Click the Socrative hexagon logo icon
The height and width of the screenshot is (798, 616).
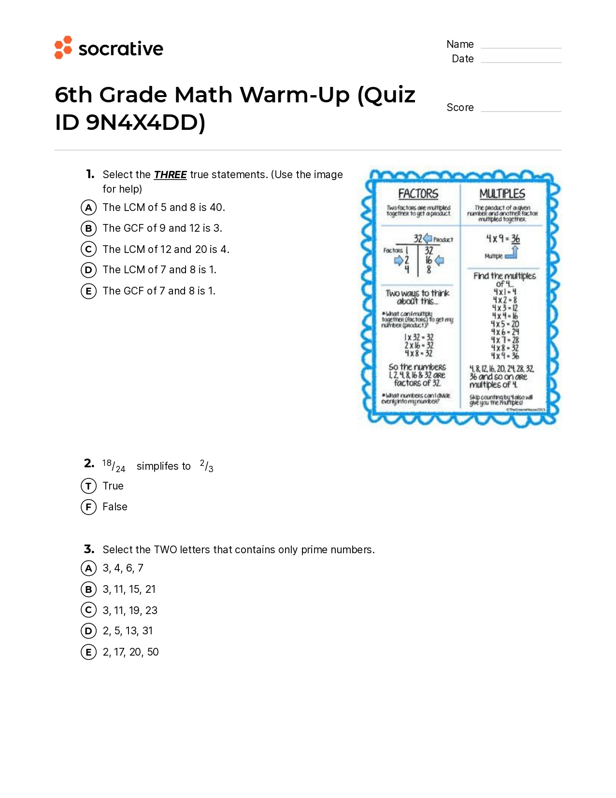point(63,47)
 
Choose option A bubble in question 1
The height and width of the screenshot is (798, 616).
point(88,208)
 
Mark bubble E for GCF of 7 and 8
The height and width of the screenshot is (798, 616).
point(88,291)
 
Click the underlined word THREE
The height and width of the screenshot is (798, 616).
point(170,175)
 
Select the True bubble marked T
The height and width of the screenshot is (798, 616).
point(88,486)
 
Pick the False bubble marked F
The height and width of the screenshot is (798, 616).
point(88,507)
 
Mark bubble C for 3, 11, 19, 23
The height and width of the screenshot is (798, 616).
point(88,610)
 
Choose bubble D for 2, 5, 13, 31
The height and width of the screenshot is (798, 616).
point(88,631)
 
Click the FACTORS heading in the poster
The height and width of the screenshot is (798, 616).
point(418,194)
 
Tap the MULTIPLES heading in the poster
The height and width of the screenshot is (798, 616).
point(502,194)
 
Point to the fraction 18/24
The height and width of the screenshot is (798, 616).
point(114,466)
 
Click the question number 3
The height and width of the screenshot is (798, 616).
point(89,549)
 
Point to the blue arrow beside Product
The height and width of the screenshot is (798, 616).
point(428,238)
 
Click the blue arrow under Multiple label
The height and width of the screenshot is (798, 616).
point(512,253)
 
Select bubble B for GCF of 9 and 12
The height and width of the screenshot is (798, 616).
point(88,228)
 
